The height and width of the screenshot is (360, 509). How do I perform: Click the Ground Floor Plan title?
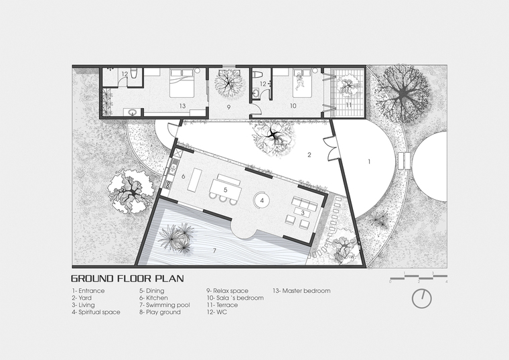click(x=127, y=278)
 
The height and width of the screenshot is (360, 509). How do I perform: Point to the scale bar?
click(x=419, y=277)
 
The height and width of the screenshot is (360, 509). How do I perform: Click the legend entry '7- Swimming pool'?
click(x=165, y=305)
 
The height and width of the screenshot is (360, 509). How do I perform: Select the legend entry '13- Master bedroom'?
click(x=301, y=291)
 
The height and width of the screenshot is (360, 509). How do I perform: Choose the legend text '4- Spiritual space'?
click(x=96, y=312)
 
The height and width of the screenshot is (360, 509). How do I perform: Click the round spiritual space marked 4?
click(x=263, y=200)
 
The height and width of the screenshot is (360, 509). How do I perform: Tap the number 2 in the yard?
click(x=309, y=155)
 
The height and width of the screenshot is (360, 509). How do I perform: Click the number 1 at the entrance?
click(x=369, y=162)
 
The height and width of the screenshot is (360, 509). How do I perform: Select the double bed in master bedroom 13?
click(x=182, y=83)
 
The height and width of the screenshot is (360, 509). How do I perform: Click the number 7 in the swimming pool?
click(x=214, y=251)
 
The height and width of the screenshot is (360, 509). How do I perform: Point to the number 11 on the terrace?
click(x=349, y=105)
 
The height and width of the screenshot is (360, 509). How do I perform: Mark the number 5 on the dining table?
click(x=225, y=189)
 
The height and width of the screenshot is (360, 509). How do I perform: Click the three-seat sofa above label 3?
click(x=305, y=203)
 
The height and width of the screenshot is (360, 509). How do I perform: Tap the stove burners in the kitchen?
click(x=168, y=184)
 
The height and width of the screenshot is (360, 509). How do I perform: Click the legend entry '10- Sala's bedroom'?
click(x=234, y=298)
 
